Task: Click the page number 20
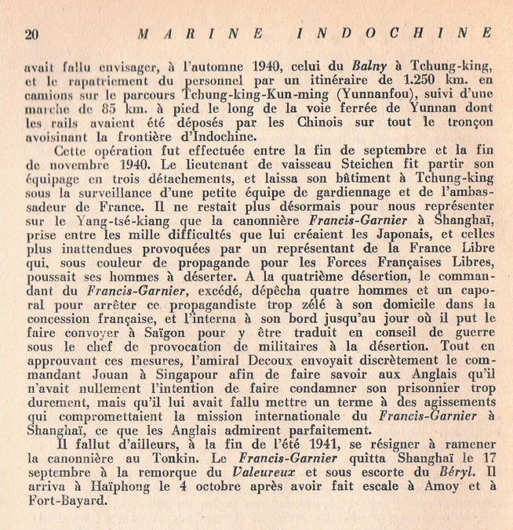32,34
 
